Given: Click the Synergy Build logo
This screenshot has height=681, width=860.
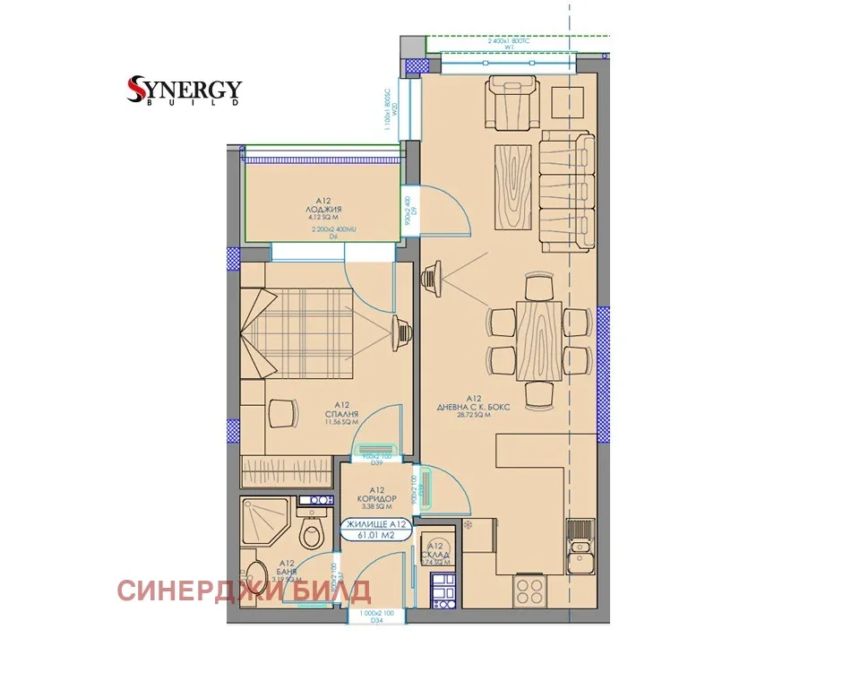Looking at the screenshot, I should [185, 91].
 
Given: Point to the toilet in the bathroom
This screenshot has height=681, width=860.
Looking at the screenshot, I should [312, 536].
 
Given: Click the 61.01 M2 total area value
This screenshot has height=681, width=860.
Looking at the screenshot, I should [375, 536].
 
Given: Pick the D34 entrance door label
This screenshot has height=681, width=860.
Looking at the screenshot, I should [373, 619].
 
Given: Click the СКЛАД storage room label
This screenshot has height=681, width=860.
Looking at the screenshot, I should [436, 555].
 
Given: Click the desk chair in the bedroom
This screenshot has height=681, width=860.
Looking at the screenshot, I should [283, 413].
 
